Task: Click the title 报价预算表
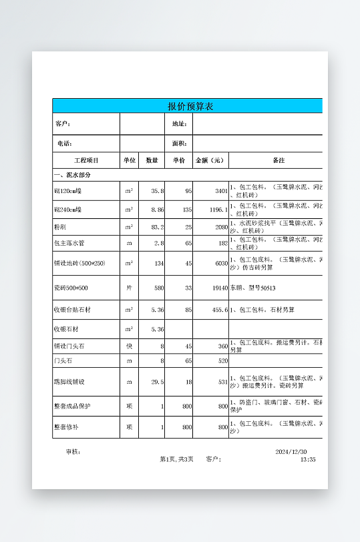click(190, 106)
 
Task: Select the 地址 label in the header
click(179, 123)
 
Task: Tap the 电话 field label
click(64, 143)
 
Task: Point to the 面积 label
click(179, 143)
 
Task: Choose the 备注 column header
click(279, 160)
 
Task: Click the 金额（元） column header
click(210, 160)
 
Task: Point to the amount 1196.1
click(218, 210)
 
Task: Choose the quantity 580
click(158, 288)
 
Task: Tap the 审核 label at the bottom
click(73, 452)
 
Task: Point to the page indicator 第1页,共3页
click(177, 459)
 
